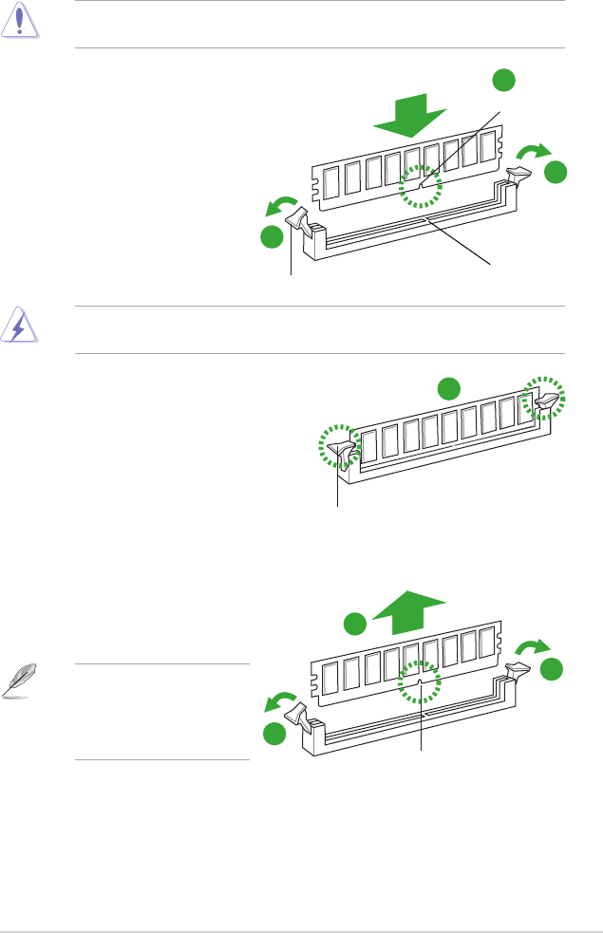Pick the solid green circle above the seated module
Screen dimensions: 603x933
[448, 387]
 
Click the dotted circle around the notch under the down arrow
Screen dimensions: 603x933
[421, 185]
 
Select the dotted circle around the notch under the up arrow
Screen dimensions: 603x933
[419, 681]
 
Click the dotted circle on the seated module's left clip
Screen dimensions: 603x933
[339, 446]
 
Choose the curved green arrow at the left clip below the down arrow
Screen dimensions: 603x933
[279, 206]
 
